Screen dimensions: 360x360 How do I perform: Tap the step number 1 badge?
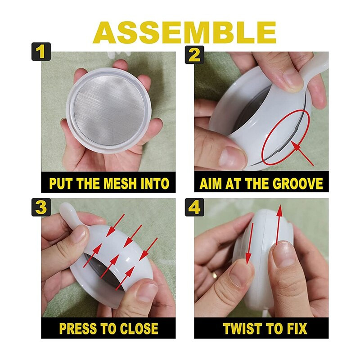41,51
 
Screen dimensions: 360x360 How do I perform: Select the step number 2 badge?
194,54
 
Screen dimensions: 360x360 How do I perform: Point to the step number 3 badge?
41,207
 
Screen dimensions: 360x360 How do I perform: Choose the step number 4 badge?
194,207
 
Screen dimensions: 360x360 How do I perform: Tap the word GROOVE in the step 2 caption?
298,184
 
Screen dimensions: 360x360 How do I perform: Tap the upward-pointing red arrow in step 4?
279,225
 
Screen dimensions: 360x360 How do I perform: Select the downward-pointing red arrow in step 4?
249,244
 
